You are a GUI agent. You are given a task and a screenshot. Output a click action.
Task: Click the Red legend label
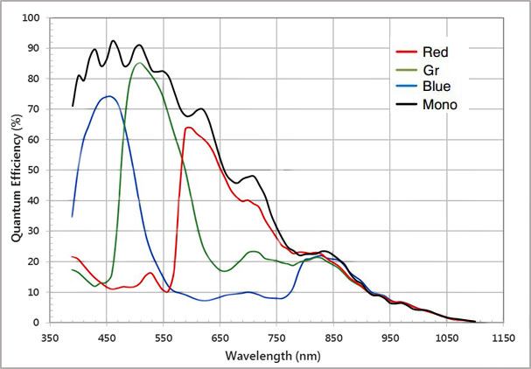coord(434,52)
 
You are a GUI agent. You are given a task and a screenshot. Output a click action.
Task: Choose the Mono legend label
coord(438,105)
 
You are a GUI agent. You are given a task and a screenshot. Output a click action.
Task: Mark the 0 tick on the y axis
coord(35,323)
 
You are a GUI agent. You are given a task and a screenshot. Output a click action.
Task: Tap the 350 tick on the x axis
coord(50,336)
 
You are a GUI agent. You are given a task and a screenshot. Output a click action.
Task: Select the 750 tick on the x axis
coord(276,336)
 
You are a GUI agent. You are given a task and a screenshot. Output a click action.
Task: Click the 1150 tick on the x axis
coord(502,336)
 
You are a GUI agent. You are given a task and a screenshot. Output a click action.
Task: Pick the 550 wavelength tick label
coord(164,336)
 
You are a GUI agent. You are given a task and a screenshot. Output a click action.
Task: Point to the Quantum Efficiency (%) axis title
coord(15,171)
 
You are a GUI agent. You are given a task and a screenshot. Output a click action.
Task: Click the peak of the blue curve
coord(108,96)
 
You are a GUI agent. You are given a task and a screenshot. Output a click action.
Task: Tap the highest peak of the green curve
coord(140,63)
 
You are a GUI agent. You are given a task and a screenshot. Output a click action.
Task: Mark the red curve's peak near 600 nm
coord(188,128)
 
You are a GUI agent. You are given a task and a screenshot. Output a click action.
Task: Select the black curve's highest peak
coord(113,40)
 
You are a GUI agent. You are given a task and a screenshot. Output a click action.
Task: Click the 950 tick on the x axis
coord(389,336)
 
